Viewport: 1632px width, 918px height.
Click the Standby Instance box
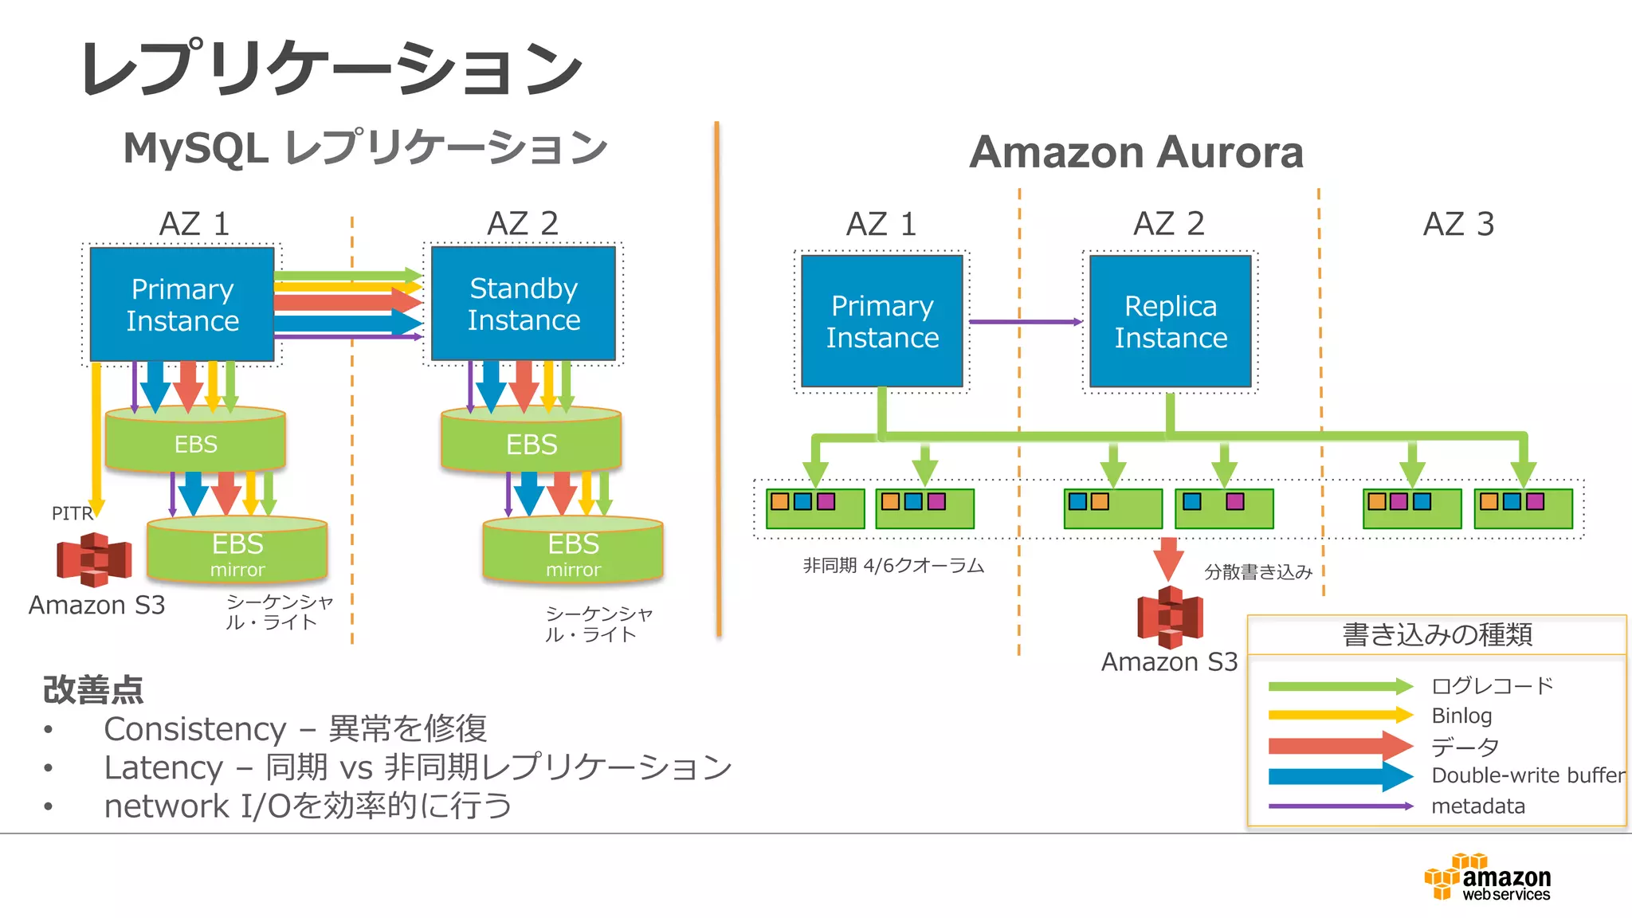coord(524,304)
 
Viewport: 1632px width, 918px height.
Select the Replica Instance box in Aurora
coord(1170,321)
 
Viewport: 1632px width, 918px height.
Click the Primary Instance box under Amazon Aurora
coord(882,321)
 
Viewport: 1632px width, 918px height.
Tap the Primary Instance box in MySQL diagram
coord(182,304)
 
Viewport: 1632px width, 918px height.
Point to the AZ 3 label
coord(1458,224)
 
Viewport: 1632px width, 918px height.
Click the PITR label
coord(72,513)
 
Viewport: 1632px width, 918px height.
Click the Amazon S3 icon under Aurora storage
coord(1170,618)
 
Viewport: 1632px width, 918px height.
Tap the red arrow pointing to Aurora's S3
coord(1169,558)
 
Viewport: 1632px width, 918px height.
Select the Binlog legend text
coord(1461,716)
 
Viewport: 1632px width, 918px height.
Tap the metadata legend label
coord(1478,806)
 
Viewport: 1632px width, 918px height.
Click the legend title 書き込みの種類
coord(1437,635)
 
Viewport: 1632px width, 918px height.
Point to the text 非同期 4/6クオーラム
coord(893,566)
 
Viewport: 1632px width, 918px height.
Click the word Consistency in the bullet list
coord(195,729)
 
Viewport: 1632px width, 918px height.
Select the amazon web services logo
coord(1488,878)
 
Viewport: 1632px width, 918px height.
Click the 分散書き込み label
coord(1257,572)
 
